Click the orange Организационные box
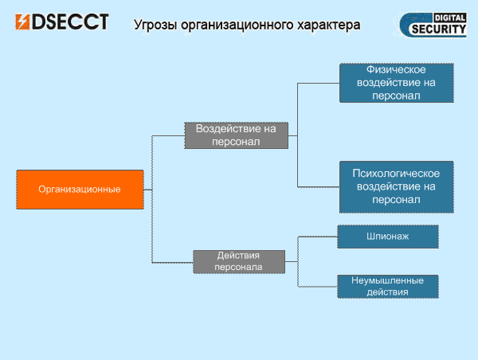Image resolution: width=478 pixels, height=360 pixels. (80, 190)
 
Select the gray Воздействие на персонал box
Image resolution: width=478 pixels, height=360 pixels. (237, 135)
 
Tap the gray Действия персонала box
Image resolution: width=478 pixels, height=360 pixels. (239, 262)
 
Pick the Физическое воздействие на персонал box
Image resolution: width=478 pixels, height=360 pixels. (397, 83)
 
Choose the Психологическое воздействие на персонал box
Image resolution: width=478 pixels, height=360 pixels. (397, 187)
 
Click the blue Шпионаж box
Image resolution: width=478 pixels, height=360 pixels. (388, 237)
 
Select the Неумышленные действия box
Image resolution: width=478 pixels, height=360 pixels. (388, 287)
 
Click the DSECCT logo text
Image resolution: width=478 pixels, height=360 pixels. (70, 22)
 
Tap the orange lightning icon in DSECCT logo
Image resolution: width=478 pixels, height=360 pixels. (22, 22)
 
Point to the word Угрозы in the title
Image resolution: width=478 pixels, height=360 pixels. (155, 25)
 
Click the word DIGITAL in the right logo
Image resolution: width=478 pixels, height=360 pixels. (450, 18)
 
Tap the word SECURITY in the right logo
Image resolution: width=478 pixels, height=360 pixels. (439, 29)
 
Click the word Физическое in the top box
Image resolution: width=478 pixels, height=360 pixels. (396, 70)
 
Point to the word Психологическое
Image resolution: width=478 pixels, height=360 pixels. (396, 174)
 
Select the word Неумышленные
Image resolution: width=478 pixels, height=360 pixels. (387, 280)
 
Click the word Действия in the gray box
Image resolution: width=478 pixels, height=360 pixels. (238, 256)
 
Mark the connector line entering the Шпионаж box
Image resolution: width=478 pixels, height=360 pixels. (318, 237)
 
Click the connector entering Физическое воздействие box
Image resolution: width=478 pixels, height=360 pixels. (319, 83)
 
